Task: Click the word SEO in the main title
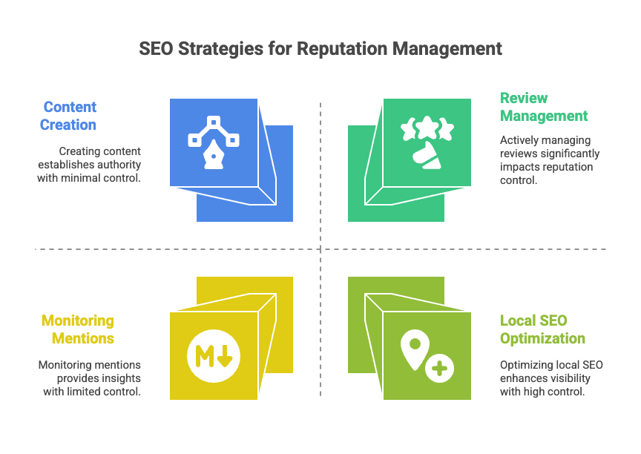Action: pyautogui.click(x=156, y=49)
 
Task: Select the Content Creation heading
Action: pyautogui.click(x=68, y=116)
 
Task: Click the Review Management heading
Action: pyautogui.click(x=544, y=107)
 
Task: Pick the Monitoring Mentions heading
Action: pyautogui.click(x=77, y=329)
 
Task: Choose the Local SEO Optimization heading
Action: pyautogui.click(x=542, y=329)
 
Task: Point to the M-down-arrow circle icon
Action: pyautogui.click(x=214, y=355)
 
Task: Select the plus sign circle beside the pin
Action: pyautogui.click(x=440, y=366)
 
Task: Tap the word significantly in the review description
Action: pyautogui.click(x=572, y=154)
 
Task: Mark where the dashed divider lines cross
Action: pyautogui.click(x=320, y=249)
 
